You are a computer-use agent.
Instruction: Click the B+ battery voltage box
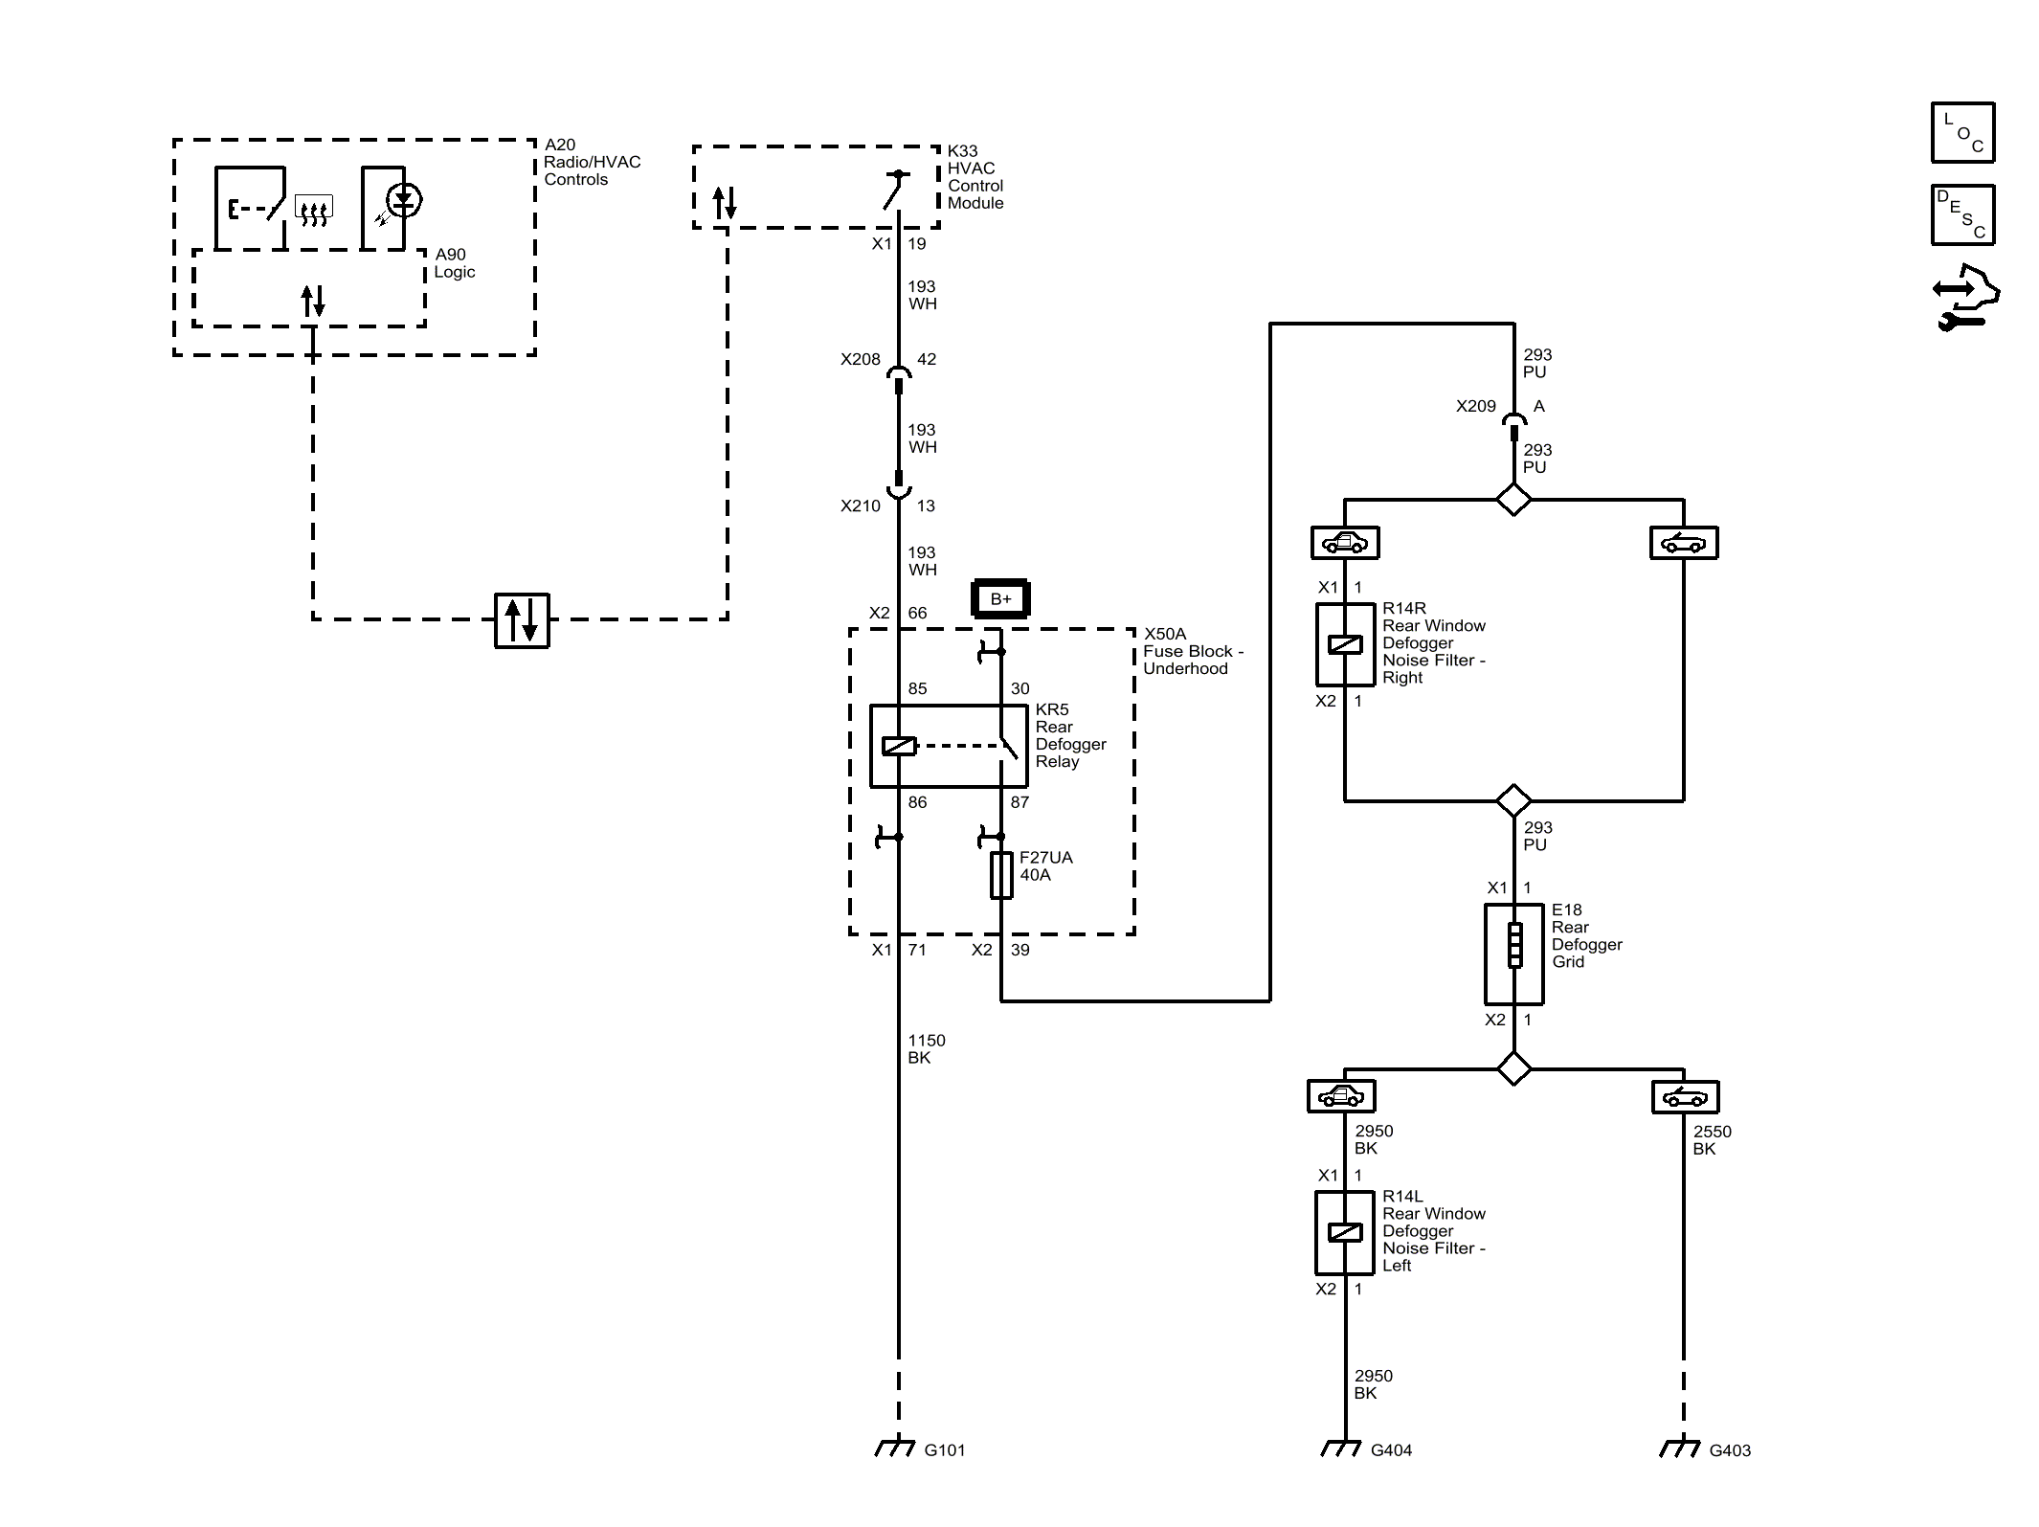pos(1000,598)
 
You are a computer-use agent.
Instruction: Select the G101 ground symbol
pos(895,1448)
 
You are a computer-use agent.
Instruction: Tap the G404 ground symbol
pos(1341,1448)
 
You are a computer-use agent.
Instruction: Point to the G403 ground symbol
pos(1680,1448)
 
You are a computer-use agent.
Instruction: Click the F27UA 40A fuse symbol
pos(1001,875)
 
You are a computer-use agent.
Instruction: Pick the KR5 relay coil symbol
pos(899,746)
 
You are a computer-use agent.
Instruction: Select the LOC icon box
pos(1962,133)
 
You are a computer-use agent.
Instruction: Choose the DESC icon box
pos(1962,215)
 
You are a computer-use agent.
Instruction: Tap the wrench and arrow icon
pos(1965,298)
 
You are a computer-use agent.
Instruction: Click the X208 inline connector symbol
pos(898,378)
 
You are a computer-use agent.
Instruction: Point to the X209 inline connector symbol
pos(1513,426)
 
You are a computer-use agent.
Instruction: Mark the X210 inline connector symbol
pos(898,486)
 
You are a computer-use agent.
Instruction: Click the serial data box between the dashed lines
pos(522,620)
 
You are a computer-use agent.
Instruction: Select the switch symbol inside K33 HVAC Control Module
pos(896,190)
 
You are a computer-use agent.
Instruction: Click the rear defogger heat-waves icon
pos(314,211)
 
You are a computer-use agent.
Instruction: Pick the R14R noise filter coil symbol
pos(1345,644)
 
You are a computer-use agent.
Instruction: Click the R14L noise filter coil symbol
pos(1345,1232)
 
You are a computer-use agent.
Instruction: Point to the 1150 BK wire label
pos(926,1049)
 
